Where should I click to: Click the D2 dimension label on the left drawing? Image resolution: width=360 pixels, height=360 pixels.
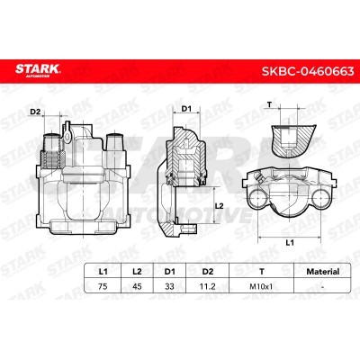pos(37,112)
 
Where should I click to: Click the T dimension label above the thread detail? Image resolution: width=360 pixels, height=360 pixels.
pos(271,105)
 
